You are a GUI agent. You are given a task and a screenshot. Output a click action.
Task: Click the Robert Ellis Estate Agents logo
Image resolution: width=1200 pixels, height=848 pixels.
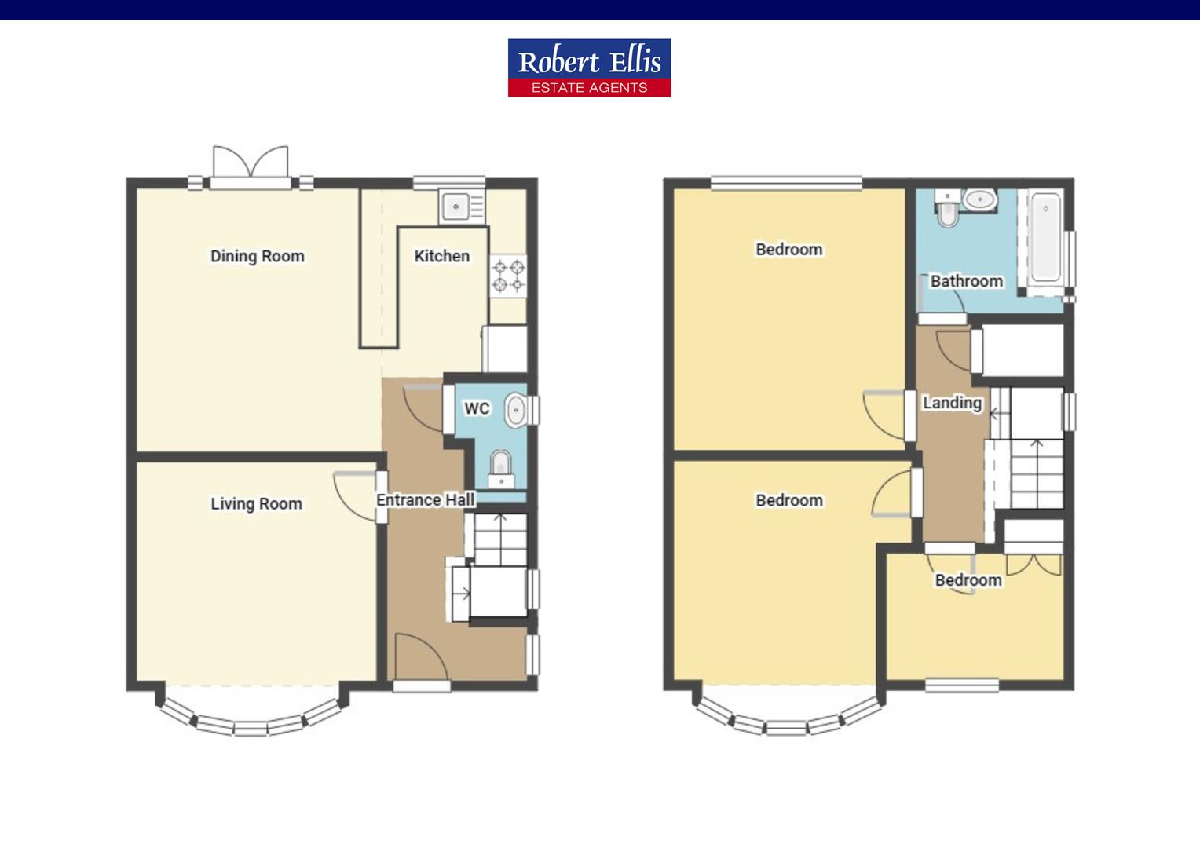589,68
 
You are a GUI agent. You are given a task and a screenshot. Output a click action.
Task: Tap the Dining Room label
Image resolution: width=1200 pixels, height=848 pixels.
257,256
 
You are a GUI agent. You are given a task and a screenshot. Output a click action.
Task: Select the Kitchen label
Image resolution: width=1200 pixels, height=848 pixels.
441,256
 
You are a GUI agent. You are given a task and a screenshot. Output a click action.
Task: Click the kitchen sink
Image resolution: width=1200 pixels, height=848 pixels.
456,207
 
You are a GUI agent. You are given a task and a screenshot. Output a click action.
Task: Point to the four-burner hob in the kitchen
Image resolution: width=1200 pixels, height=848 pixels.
508,276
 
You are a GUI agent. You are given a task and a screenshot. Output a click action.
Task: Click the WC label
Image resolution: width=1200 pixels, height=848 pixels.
477,408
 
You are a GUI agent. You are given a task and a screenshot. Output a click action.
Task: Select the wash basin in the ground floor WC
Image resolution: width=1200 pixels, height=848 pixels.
515,410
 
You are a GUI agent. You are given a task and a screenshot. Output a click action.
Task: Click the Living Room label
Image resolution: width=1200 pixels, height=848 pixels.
256,503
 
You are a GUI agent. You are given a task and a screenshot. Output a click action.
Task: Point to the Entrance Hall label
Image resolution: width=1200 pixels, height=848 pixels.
425,500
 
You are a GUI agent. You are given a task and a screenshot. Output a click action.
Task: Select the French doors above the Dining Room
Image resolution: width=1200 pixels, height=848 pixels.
251,165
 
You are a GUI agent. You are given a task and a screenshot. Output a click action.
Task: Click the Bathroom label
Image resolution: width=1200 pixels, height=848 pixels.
966,281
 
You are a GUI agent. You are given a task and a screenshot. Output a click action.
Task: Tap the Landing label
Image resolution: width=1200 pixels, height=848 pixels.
952,403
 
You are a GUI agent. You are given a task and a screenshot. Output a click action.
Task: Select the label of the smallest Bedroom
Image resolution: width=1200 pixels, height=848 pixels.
968,580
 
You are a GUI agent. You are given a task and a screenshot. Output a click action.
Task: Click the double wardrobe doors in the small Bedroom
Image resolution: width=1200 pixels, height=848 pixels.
1034,565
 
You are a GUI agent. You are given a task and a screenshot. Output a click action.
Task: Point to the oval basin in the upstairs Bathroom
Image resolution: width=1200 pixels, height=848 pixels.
979,200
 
